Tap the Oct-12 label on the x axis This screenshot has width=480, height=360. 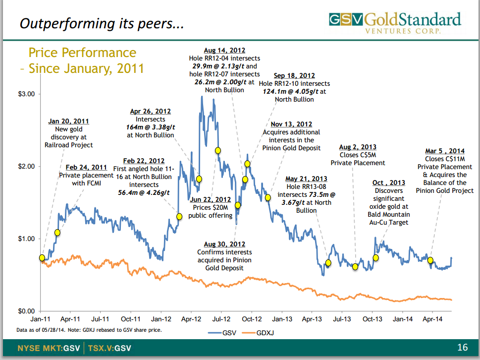pos(252,320)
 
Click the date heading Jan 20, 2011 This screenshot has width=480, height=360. pos(68,121)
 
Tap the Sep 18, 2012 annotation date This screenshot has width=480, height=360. pos(294,76)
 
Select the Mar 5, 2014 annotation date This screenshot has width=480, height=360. pos(445,151)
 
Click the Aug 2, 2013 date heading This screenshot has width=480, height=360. pos(358,147)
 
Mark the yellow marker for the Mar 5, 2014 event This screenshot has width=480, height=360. pos(430,260)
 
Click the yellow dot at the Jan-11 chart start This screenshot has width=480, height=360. pos(42,257)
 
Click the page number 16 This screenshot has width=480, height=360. pos(463,347)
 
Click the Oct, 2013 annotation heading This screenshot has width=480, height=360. pos(388,183)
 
